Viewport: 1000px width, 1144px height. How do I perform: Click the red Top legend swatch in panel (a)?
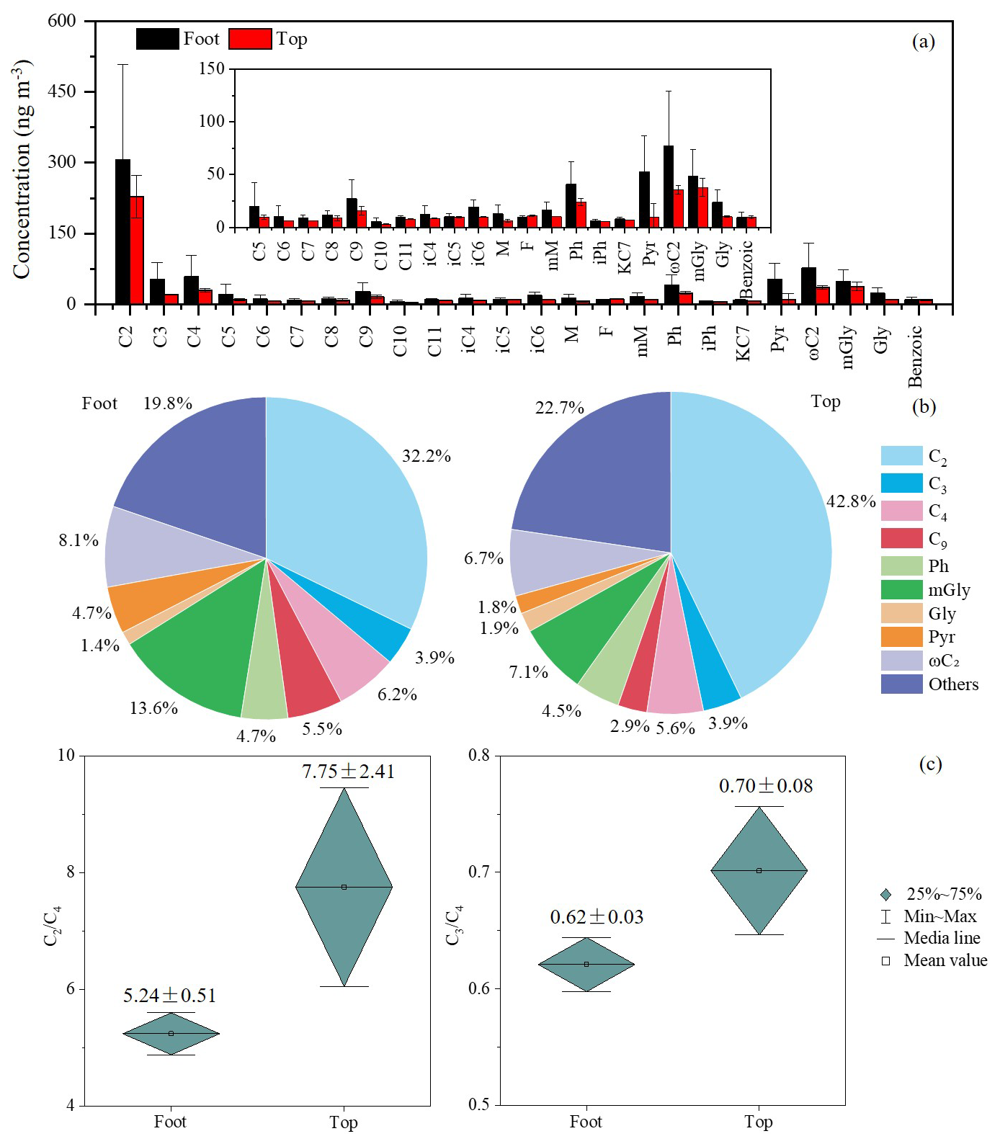pyautogui.click(x=250, y=39)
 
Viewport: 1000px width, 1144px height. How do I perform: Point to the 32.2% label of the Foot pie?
pyautogui.click(x=427, y=456)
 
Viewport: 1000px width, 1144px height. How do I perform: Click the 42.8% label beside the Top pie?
pyautogui.click(x=850, y=501)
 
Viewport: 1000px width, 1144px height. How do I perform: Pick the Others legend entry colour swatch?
pyautogui.click(x=901, y=684)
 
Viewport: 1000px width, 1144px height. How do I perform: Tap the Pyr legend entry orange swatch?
pyautogui.click(x=901, y=637)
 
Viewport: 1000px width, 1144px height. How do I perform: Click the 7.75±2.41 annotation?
pyautogui.click(x=348, y=772)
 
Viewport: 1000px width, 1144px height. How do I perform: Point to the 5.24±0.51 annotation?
pyautogui.click(x=169, y=996)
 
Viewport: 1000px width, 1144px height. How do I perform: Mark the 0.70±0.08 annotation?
pyautogui.click(x=766, y=786)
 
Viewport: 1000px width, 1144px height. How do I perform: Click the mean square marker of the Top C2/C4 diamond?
pyautogui.click(x=344, y=887)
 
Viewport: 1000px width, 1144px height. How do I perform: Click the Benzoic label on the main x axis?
pyautogui.click(x=915, y=356)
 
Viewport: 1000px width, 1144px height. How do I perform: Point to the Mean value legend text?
pyautogui.click(x=945, y=960)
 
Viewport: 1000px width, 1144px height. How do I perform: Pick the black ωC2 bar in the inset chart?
pyautogui.click(x=669, y=187)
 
